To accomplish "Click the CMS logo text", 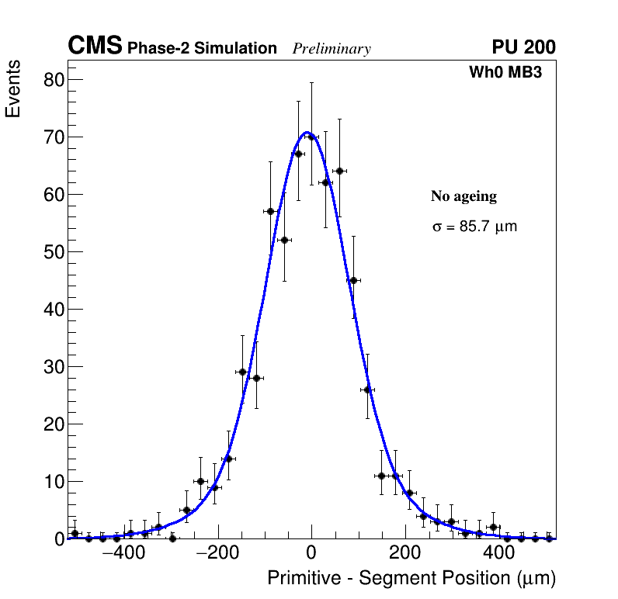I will pyautogui.click(x=95, y=47).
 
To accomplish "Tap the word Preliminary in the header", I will pyautogui.click(x=332, y=49).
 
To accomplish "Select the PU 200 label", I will pyautogui.click(x=523, y=47).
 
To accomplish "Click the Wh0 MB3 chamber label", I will pyautogui.click(x=505, y=72).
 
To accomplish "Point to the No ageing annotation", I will pyautogui.click(x=463, y=196).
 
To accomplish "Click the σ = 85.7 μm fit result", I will pyautogui.click(x=474, y=227).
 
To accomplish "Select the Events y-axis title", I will pyautogui.click(x=13, y=89).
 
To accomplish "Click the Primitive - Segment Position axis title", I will pyautogui.click(x=411, y=578).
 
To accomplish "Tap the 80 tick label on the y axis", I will pyautogui.click(x=53, y=80).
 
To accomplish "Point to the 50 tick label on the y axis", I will pyautogui.click(x=53, y=252).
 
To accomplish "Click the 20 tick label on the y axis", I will pyautogui.click(x=53, y=424).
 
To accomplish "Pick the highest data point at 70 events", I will pyautogui.click(x=312, y=137).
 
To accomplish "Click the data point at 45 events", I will pyautogui.click(x=353, y=280).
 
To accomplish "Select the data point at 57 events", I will pyautogui.click(x=270, y=211).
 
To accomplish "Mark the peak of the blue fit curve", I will pyautogui.click(x=307, y=133).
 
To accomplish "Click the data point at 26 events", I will pyautogui.click(x=367, y=390).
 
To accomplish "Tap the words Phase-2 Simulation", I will pyautogui.click(x=202, y=49).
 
